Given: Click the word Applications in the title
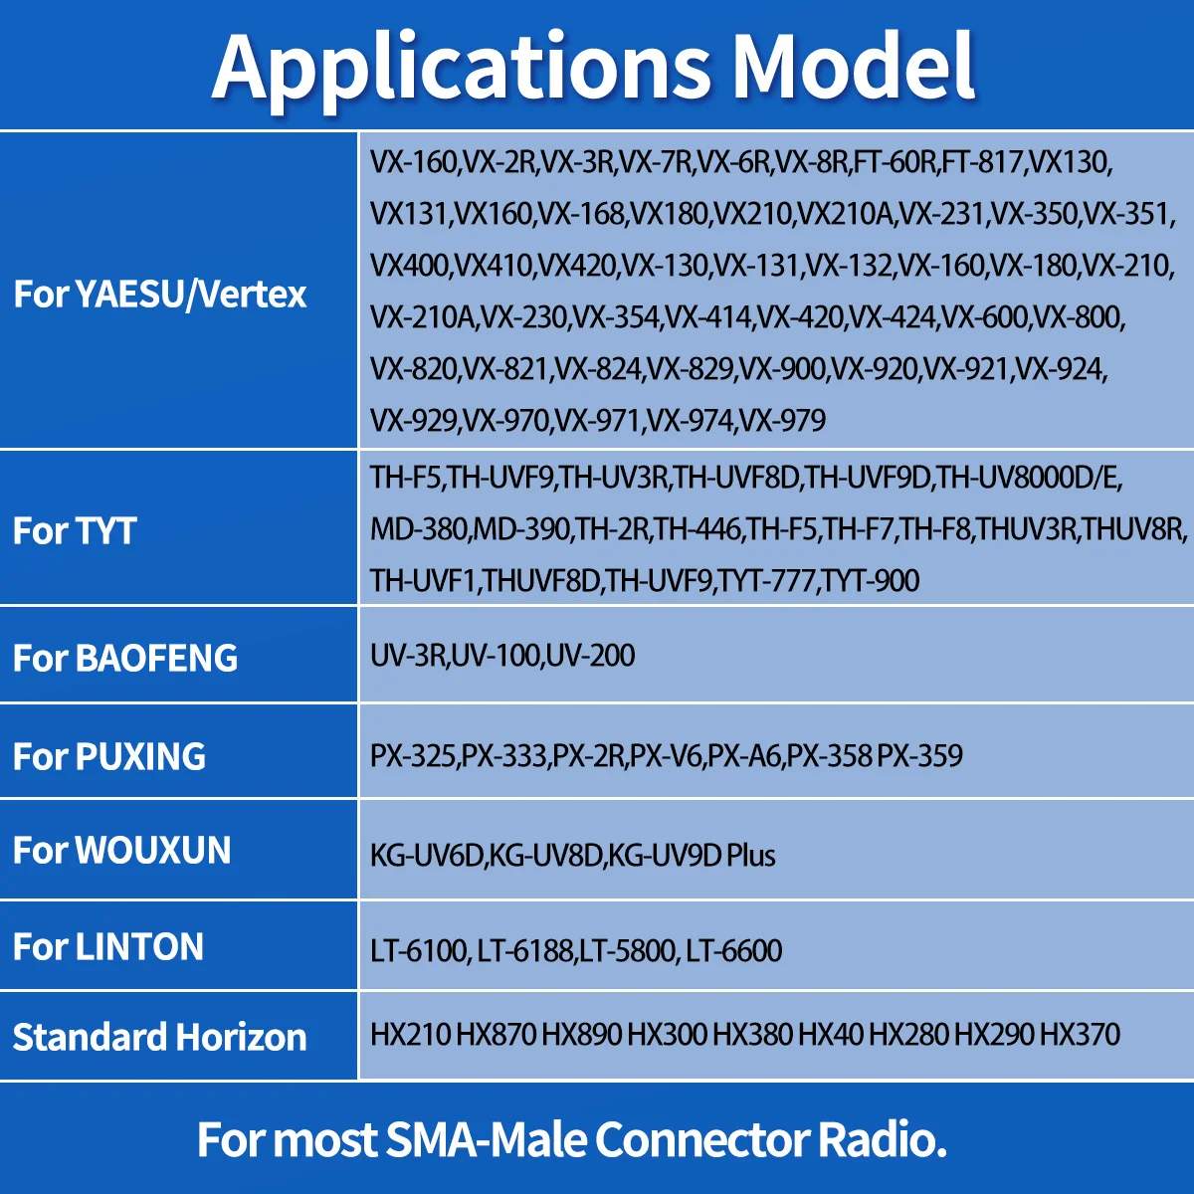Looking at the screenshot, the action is pyautogui.click(x=461, y=70).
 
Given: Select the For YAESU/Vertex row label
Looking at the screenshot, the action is pyautogui.click(x=160, y=294).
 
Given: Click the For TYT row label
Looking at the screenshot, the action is pyautogui.click(x=75, y=531).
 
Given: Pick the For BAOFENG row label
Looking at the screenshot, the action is pyautogui.click(x=125, y=658).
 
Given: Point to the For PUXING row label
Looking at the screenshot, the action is pyautogui.click(x=109, y=756).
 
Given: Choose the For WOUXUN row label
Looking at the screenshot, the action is pyautogui.click(x=122, y=850).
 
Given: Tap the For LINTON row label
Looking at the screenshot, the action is pyautogui.click(x=108, y=946).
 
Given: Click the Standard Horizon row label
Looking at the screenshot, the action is pyautogui.click(x=160, y=1037).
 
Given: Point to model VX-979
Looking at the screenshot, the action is pyautogui.click(x=783, y=420).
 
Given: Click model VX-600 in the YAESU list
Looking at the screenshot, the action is pyautogui.click(x=985, y=317).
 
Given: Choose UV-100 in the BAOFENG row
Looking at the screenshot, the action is pyautogui.click(x=496, y=655).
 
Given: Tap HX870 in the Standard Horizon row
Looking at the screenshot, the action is pyautogui.click(x=497, y=1034).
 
